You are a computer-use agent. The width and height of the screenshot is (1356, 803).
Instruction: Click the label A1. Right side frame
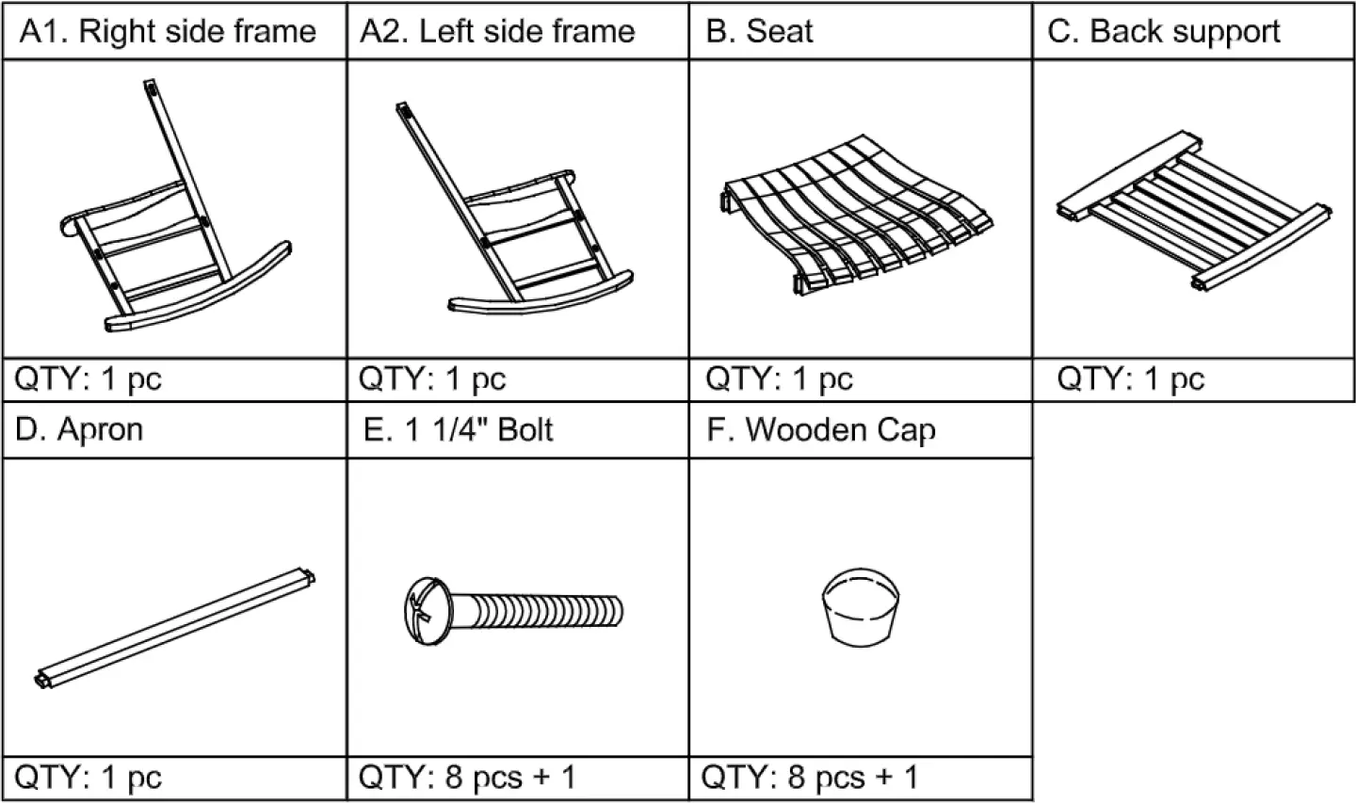[x=169, y=32]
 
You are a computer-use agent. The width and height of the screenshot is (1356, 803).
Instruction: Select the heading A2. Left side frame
[x=497, y=32]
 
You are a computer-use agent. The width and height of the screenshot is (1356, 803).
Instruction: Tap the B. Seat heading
[x=759, y=32]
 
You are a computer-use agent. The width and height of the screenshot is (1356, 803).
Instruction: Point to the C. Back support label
[x=1164, y=32]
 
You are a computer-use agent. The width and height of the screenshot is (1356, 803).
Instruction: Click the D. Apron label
[x=80, y=429]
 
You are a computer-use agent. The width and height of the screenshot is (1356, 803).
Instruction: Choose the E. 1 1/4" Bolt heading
[x=459, y=429]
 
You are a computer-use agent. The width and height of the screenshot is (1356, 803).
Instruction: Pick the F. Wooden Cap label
[x=821, y=429]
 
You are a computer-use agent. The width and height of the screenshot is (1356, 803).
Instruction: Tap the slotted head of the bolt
[x=421, y=605]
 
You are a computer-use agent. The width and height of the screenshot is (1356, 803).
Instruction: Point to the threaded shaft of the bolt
[x=541, y=611]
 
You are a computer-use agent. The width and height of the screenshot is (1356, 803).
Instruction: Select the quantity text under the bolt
[x=467, y=778]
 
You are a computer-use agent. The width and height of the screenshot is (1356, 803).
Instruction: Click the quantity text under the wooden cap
[x=811, y=778]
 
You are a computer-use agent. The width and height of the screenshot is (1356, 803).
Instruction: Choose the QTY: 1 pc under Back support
[x=1130, y=379]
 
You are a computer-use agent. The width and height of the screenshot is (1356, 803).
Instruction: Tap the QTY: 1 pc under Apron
[x=89, y=778]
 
